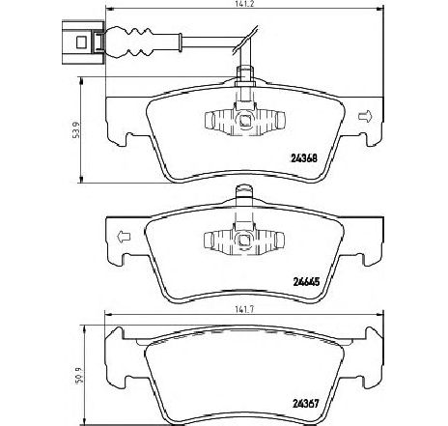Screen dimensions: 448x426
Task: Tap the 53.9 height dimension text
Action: pos(76,130)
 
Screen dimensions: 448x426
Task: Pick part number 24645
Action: pos(306,282)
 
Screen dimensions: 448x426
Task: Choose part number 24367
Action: pos(306,403)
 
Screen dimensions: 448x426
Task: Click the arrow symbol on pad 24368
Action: pos(365,116)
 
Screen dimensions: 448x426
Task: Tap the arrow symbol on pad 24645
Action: pos(124,237)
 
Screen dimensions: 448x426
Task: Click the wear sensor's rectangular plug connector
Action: pos(83,43)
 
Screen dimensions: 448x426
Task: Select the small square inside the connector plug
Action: pos(81,43)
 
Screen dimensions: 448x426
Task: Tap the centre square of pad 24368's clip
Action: pos(245,120)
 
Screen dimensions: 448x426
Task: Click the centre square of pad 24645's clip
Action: pos(244,240)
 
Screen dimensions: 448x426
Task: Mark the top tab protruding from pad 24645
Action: pos(244,192)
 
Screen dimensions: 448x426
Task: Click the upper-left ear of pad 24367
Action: pos(115,333)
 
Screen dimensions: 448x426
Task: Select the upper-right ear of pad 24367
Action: pos(375,333)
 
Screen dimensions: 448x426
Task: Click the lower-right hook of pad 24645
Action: pos(370,260)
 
